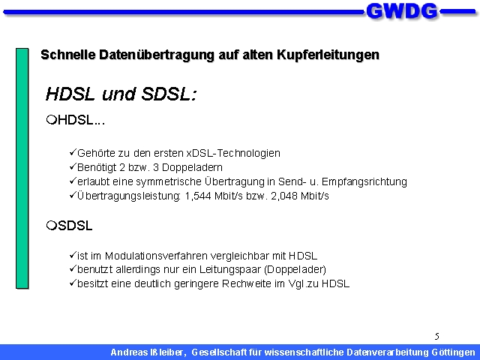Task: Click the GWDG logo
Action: tap(402, 12)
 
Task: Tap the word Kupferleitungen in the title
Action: tap(328, 55)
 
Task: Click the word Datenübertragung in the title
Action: tap(156, 55)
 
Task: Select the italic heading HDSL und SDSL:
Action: tap(121, 94)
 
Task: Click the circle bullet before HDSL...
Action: tap(52, 119)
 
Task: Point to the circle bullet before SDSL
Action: tap(52, 226)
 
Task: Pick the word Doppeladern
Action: tap(192, 167)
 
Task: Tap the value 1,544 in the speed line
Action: tap(198, 196)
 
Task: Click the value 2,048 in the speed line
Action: tap(284, 196)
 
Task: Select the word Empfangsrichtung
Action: tap(364, 181)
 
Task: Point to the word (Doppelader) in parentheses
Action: tap(295, 270)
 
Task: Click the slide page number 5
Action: tap(436, 337)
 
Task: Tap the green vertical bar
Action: tap(22, 168)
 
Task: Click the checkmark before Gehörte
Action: tap(73, 152)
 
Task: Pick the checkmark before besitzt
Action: tap(73, 283)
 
